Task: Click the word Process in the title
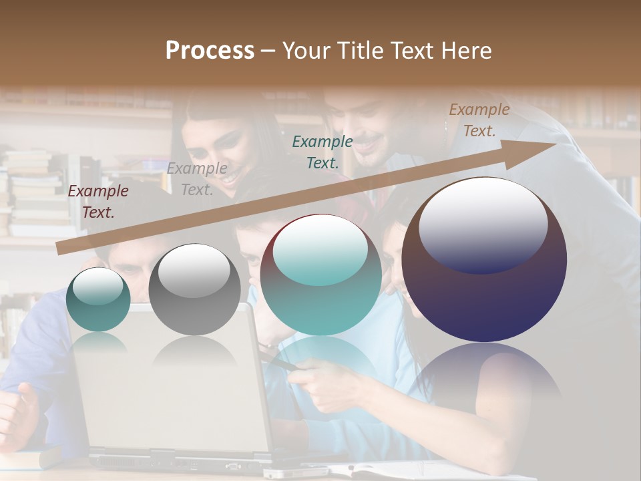(x=210, y=51)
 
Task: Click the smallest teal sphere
(x=98, y=299)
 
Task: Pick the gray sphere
(x=194, y=290)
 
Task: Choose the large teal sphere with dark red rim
(x=320, y=275)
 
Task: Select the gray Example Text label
(x=197, y=179)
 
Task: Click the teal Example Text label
(x=323, y=152)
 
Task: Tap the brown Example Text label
(x=479, y=120)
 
